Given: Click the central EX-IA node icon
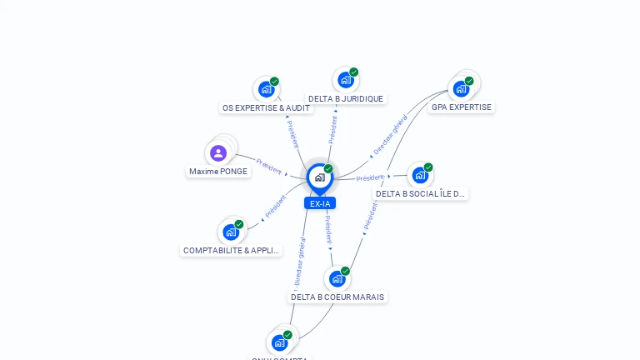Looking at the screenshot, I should (319, 177).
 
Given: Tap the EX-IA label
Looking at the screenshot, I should (319, 203).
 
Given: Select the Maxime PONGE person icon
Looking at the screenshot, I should (218, 152).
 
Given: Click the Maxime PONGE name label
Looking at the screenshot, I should (218, 172).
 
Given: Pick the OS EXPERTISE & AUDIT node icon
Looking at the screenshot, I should (267, 88).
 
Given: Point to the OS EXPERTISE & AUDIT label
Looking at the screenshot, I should (266, 107).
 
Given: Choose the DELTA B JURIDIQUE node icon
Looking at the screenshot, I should (346, 80).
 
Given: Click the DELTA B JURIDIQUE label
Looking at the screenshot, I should (346, 98).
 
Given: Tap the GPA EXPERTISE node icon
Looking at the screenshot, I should (462, 88).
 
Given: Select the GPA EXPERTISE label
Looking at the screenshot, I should (462, 107).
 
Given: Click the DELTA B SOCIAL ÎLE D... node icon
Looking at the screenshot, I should (421, 175).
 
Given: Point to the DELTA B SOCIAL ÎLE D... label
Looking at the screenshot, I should (420, 193).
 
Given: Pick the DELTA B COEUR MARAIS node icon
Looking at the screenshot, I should (337, 278).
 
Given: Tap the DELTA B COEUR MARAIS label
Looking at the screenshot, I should (337, 297).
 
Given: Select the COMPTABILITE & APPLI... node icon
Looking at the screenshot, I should (231, 232).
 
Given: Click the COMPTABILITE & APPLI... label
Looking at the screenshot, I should (232, 250).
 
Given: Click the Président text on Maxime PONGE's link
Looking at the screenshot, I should (268, 166).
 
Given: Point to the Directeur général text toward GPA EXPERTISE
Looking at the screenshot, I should (390, 136).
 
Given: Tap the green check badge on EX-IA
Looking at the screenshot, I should (328, 168).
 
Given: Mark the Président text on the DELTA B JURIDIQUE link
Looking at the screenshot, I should (332, 130).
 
